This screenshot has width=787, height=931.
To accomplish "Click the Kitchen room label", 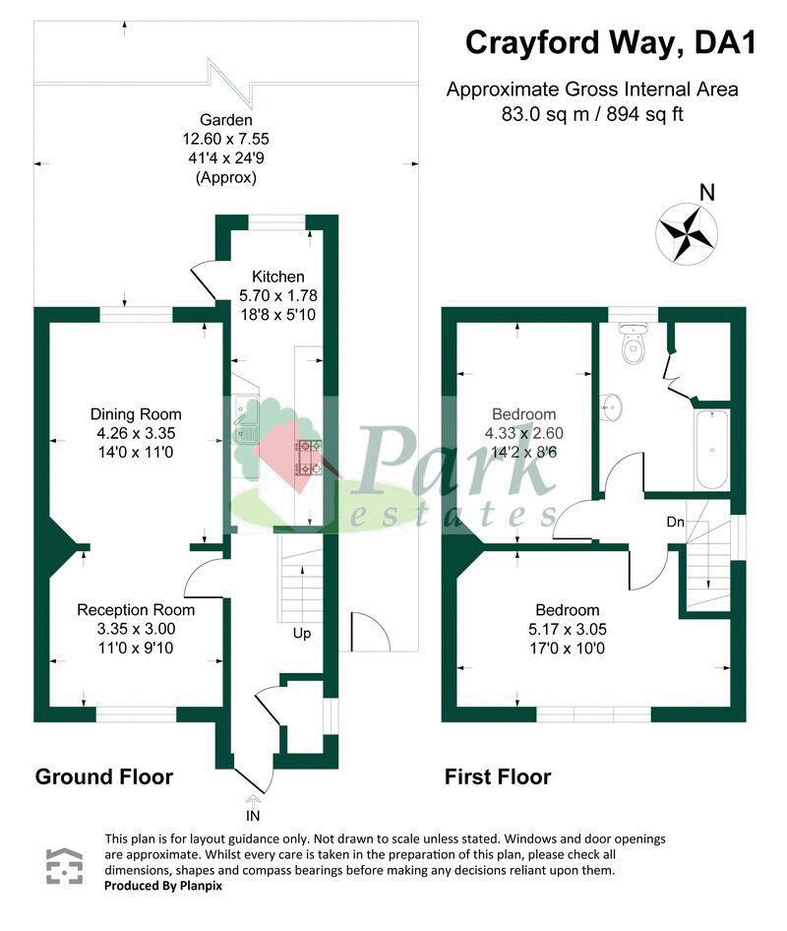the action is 278,277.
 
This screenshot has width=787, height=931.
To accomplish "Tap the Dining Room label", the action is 136,414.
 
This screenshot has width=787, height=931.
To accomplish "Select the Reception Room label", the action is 136,610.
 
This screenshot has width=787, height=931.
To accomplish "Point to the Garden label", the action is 225,120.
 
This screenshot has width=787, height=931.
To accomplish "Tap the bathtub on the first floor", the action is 711,449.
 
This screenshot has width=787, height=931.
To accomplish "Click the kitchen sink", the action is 245,419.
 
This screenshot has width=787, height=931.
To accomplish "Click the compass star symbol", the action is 687,232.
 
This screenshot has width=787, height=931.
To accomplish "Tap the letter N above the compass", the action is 707,192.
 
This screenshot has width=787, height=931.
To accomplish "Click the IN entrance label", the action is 253,816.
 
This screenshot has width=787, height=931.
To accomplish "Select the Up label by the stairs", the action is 302,634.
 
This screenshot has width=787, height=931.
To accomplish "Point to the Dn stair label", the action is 676,522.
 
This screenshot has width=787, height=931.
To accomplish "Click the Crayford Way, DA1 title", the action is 611,42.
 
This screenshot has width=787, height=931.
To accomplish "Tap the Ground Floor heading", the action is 104,776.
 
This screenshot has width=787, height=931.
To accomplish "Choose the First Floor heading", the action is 498,776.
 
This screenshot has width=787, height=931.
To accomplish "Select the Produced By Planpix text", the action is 163,886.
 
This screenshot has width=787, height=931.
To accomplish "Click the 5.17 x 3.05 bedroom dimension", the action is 568,630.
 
